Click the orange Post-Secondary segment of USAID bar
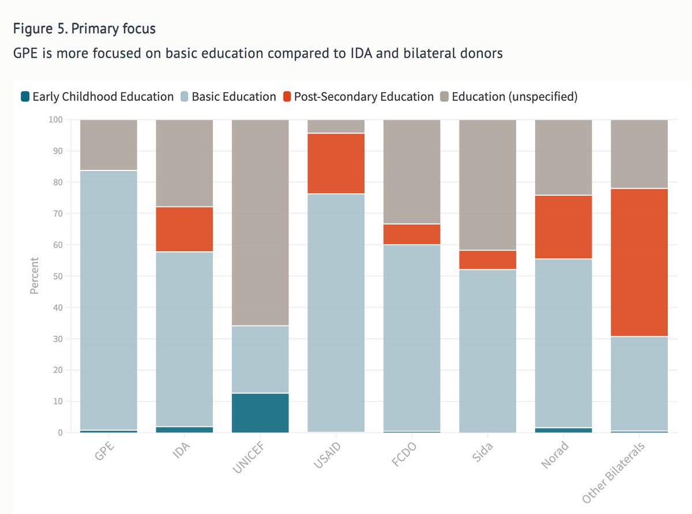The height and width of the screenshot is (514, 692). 336,164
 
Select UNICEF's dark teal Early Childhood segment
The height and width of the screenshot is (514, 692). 260,413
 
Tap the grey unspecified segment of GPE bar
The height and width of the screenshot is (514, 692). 108,145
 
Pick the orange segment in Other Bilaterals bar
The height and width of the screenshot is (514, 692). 639,262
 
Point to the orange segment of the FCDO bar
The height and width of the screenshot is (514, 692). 412,234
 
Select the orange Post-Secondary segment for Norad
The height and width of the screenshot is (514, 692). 563,227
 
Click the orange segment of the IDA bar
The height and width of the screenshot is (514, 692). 184,229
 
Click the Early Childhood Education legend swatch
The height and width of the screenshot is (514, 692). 25,97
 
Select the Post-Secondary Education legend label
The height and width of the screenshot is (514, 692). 363,97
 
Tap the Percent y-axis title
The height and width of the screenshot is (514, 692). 34,276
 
